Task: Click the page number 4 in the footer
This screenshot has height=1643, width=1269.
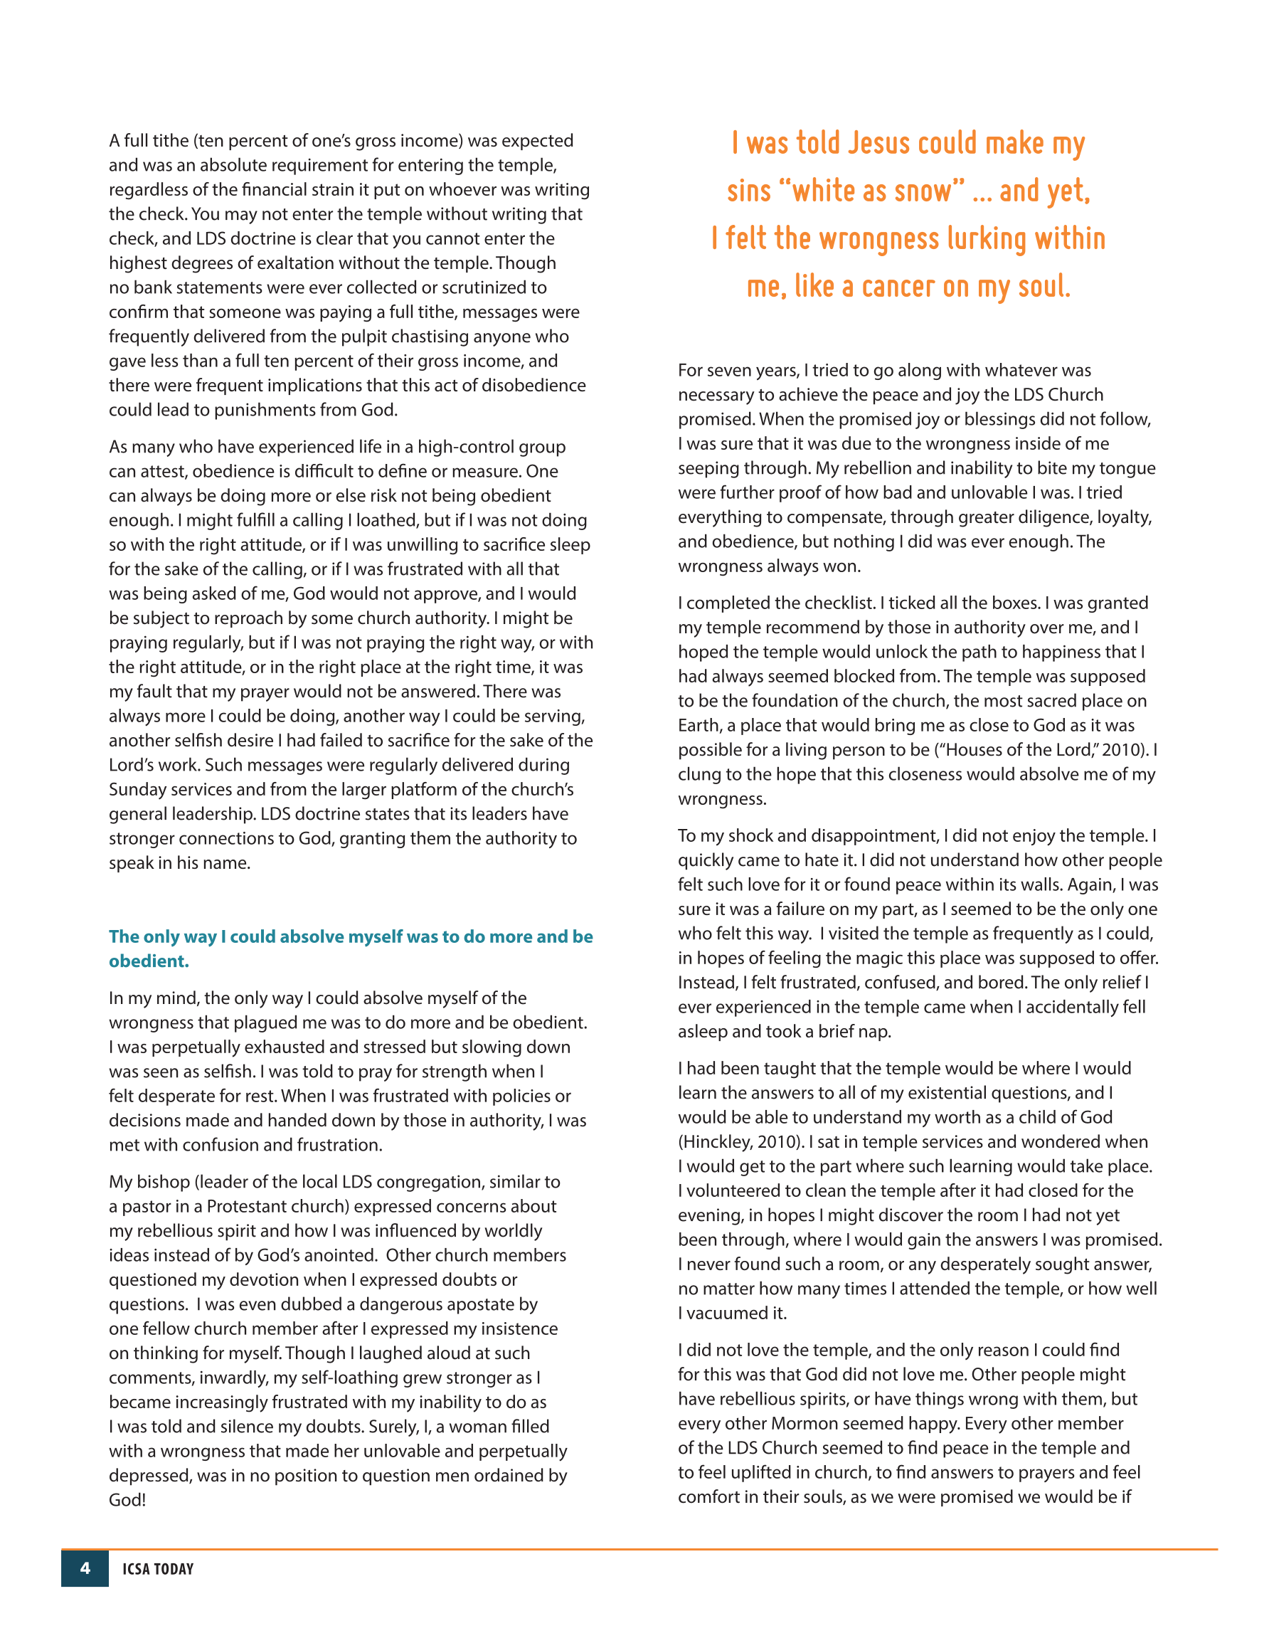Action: point(85,1568)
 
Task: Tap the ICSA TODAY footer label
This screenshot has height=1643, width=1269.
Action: point(158,1569)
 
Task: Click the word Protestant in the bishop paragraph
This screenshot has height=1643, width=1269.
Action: point(250,1207)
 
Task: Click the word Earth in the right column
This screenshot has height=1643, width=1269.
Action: point(699,726)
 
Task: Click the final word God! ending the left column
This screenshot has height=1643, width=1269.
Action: point(127,1500)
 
